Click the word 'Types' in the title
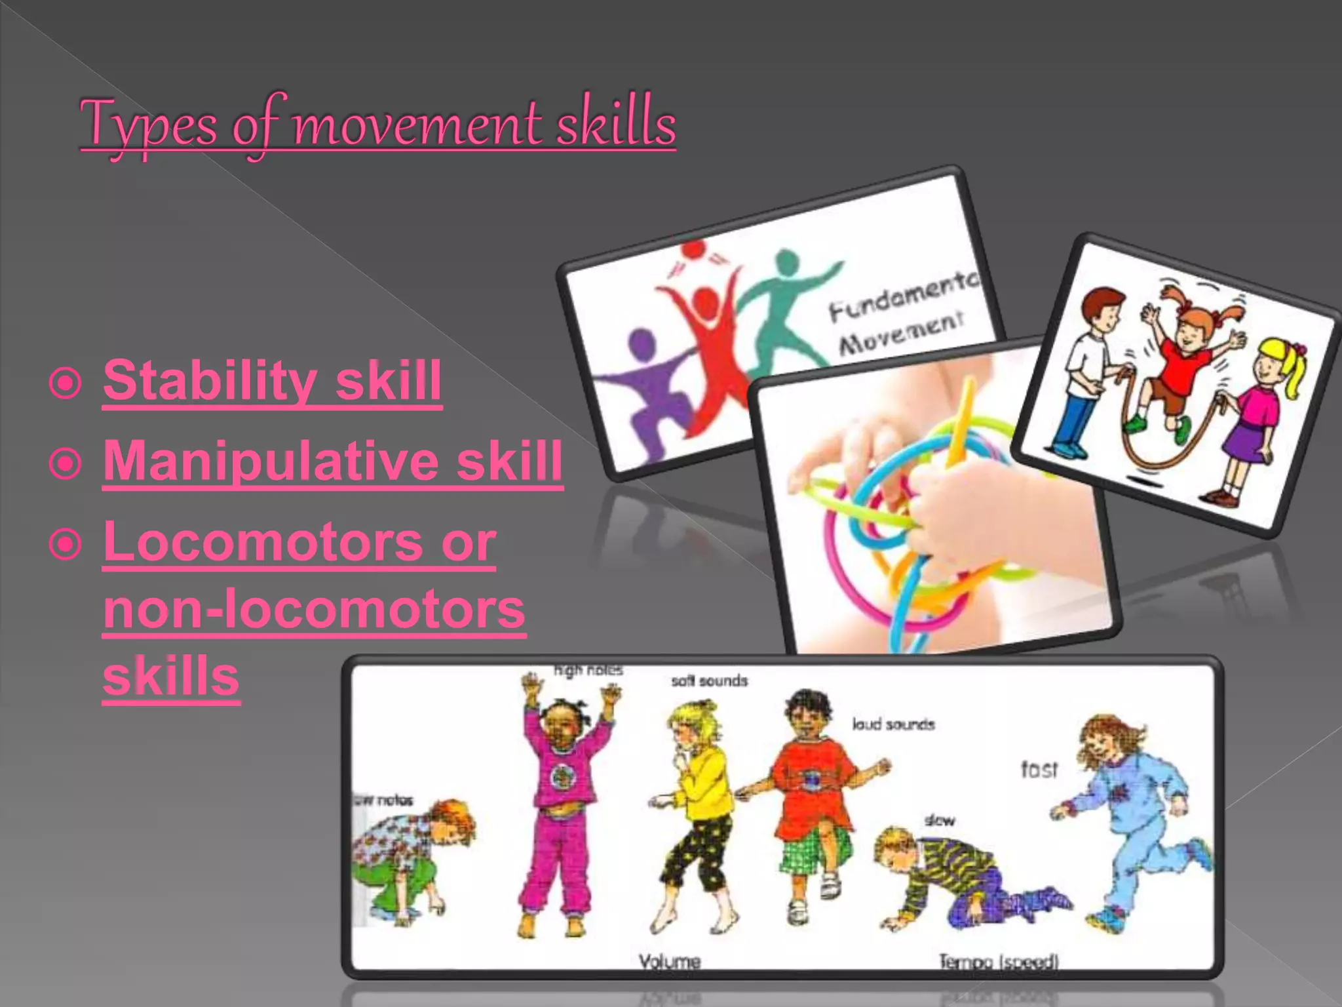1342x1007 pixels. [148, 125]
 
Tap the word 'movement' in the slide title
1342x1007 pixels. [417, 125]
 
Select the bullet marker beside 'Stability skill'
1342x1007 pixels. [66, 382]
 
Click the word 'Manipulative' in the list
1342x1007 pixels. [269, 461]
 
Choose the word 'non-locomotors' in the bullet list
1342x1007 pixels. [315, 609]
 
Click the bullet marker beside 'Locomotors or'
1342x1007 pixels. [66, 543]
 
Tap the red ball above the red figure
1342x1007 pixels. [693, 250]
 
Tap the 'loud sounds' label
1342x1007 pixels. [892, 724]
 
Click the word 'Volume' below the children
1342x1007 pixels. [670, 962]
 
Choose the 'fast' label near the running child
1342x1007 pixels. [1039, 769]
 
